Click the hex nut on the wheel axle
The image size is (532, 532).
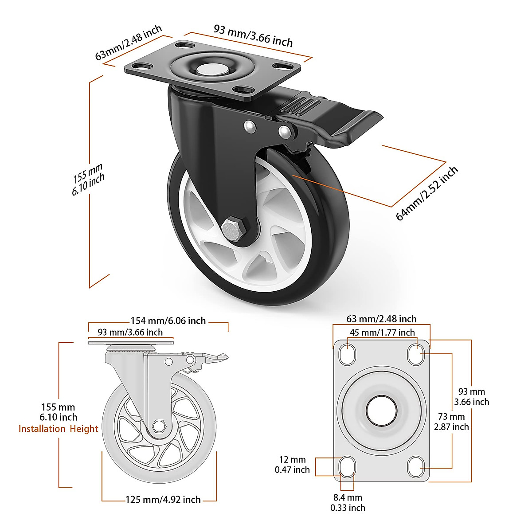232,230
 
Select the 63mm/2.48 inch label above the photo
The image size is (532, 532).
129,42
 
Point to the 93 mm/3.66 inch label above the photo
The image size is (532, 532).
253,35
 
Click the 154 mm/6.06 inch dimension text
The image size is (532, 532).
168,321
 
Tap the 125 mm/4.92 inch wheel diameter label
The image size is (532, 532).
163,500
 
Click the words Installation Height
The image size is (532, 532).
58,429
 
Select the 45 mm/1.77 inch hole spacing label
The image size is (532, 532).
382,332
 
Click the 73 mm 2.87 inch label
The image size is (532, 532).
451,422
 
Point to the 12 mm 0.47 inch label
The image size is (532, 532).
292,465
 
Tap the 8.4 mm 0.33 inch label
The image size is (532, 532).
348,503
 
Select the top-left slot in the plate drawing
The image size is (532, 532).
347,354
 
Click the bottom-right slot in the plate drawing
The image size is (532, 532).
416,466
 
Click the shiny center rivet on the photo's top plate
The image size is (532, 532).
211,70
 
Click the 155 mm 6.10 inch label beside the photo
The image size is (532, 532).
88,179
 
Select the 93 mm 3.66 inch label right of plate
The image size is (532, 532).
472,397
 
